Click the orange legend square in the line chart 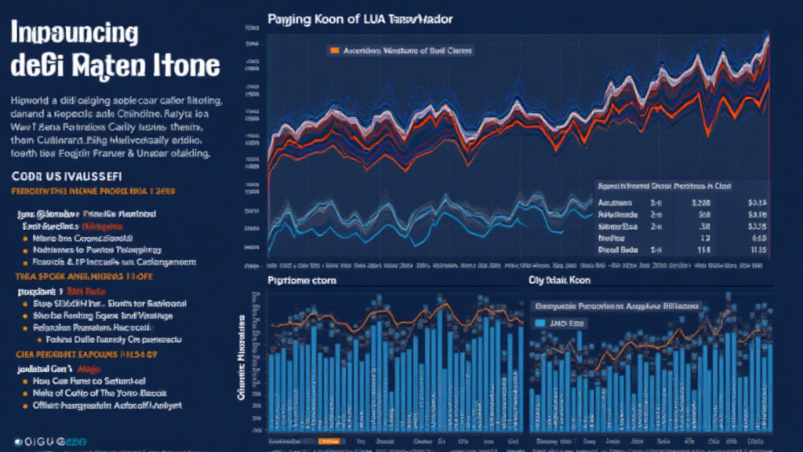[x=334, y=50]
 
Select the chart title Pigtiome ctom [x=301, y=280]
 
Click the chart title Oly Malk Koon [x=559, y=280]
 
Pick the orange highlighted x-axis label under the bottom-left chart [x=329, y=441]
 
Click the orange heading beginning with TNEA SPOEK [x=82, y=276]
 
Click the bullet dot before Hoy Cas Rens [x=25, y=380]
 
